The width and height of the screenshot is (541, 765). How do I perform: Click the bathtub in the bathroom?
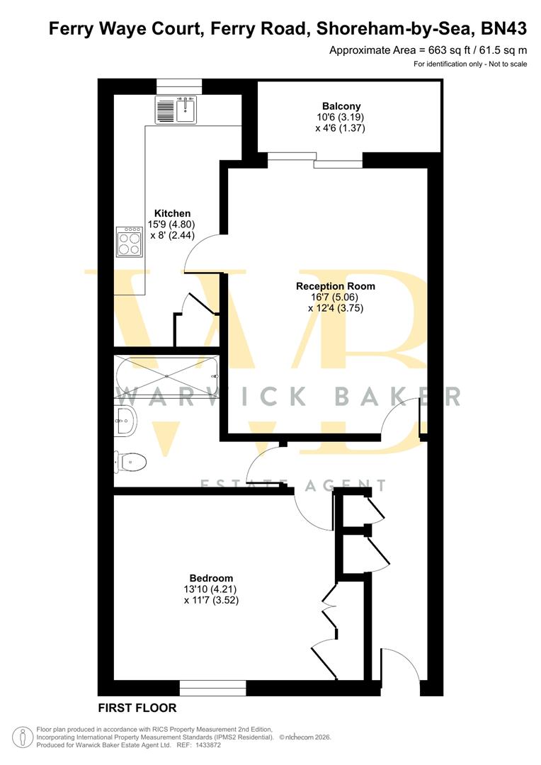[167, 377]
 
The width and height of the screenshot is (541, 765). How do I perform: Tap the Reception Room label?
[336, 286]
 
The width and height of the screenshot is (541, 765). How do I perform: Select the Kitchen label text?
[173, 213]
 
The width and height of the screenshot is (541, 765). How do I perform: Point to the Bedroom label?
[211, 578]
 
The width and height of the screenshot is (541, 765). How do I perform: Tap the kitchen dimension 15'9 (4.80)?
[171, 225]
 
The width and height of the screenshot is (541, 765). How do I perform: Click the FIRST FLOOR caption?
[137, 708]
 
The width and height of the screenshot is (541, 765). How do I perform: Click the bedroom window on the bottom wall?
[212, 687]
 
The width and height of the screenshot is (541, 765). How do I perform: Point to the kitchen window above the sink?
[179, 85]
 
